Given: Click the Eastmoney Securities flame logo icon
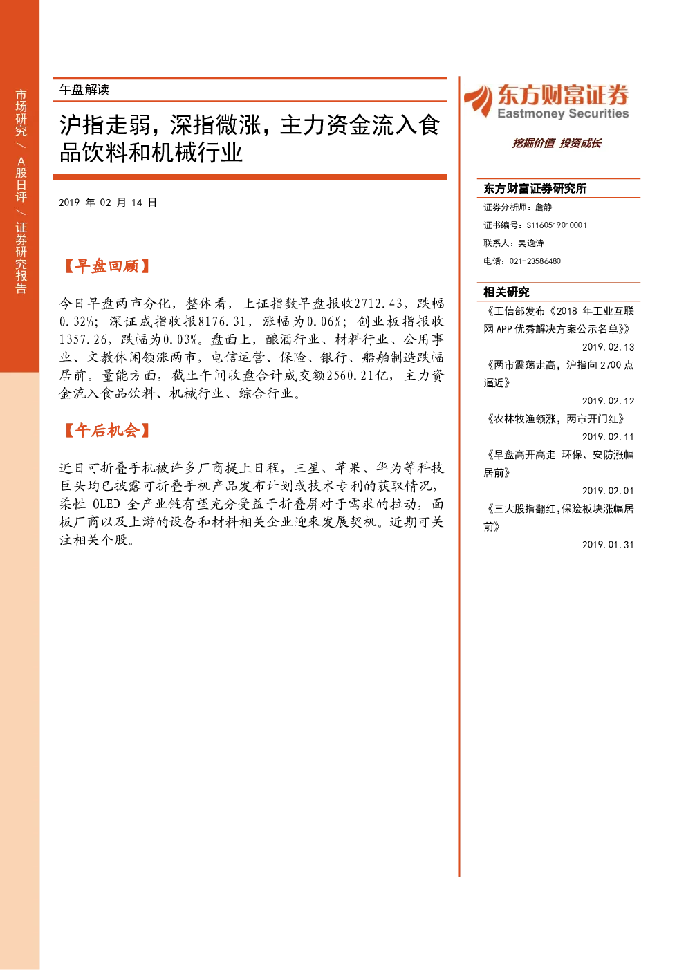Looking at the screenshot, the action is pyautogui.click(x=478, y=100).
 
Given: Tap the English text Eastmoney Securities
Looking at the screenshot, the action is pyautogui.click(x=563, y=113).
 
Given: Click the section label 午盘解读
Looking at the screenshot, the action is pyautogui.click(x=84, y=90).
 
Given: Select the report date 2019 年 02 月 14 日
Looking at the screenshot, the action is pyautogui.click(x=108, y=203).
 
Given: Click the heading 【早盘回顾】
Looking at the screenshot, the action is pyautogui.click(x=106, y=266).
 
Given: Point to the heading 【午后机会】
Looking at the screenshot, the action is pyautogui.click(x=106, y=430).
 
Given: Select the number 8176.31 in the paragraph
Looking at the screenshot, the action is pyautogui.click(x=221, y=321).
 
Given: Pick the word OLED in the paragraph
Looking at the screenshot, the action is pyautogui.click(x=106, y=503).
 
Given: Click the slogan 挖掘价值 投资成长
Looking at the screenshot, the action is pyautogui.click(x=557, y=143).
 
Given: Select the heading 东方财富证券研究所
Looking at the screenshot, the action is pyautogui.click(x=535, y=188).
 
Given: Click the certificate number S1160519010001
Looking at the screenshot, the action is pyautogui.click(x=557, y=225).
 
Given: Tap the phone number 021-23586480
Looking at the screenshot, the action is pyautogui.click(x=535, y=261).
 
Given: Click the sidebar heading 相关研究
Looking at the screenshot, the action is pyautogui.click(x=506, y=292).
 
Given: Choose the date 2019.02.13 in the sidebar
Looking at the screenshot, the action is pyautogui.click(x=608, y=347).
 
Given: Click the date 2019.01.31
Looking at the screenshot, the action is pyautogui.click(x=608, y=545).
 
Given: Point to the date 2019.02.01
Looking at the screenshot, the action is pyautogui.click(x=608, y=491).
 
